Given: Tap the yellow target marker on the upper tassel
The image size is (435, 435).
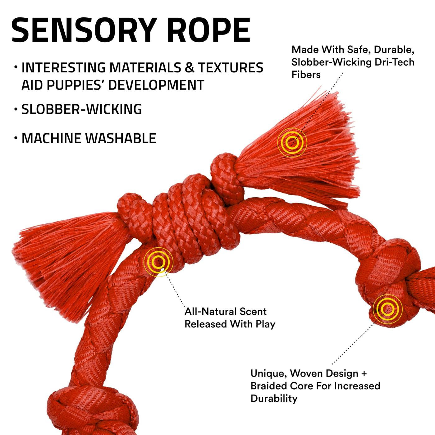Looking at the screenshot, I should click(x=292, y=143).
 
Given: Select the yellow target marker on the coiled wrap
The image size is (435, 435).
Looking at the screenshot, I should click(x=159, y=262).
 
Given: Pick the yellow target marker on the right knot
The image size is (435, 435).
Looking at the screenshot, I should click(x=387, y=309).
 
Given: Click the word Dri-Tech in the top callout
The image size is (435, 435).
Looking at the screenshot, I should click(x=394, y=62).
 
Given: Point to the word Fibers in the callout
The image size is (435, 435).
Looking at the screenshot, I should click(x=306, y=75).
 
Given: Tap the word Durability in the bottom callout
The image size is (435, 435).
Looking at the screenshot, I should click(x=274, y=398).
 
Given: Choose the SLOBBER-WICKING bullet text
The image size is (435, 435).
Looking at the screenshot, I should click(x=81, y=109).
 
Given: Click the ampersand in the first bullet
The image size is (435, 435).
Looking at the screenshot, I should click(x=189, y=68).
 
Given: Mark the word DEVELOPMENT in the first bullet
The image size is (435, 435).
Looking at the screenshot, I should click(x=156, y=85).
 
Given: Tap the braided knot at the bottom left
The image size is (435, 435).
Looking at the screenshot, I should click(x=93, y=410).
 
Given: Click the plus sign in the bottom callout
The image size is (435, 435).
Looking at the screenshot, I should click(x=364, y=373).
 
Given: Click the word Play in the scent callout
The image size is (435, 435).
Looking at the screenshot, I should click(x=265, y=324).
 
